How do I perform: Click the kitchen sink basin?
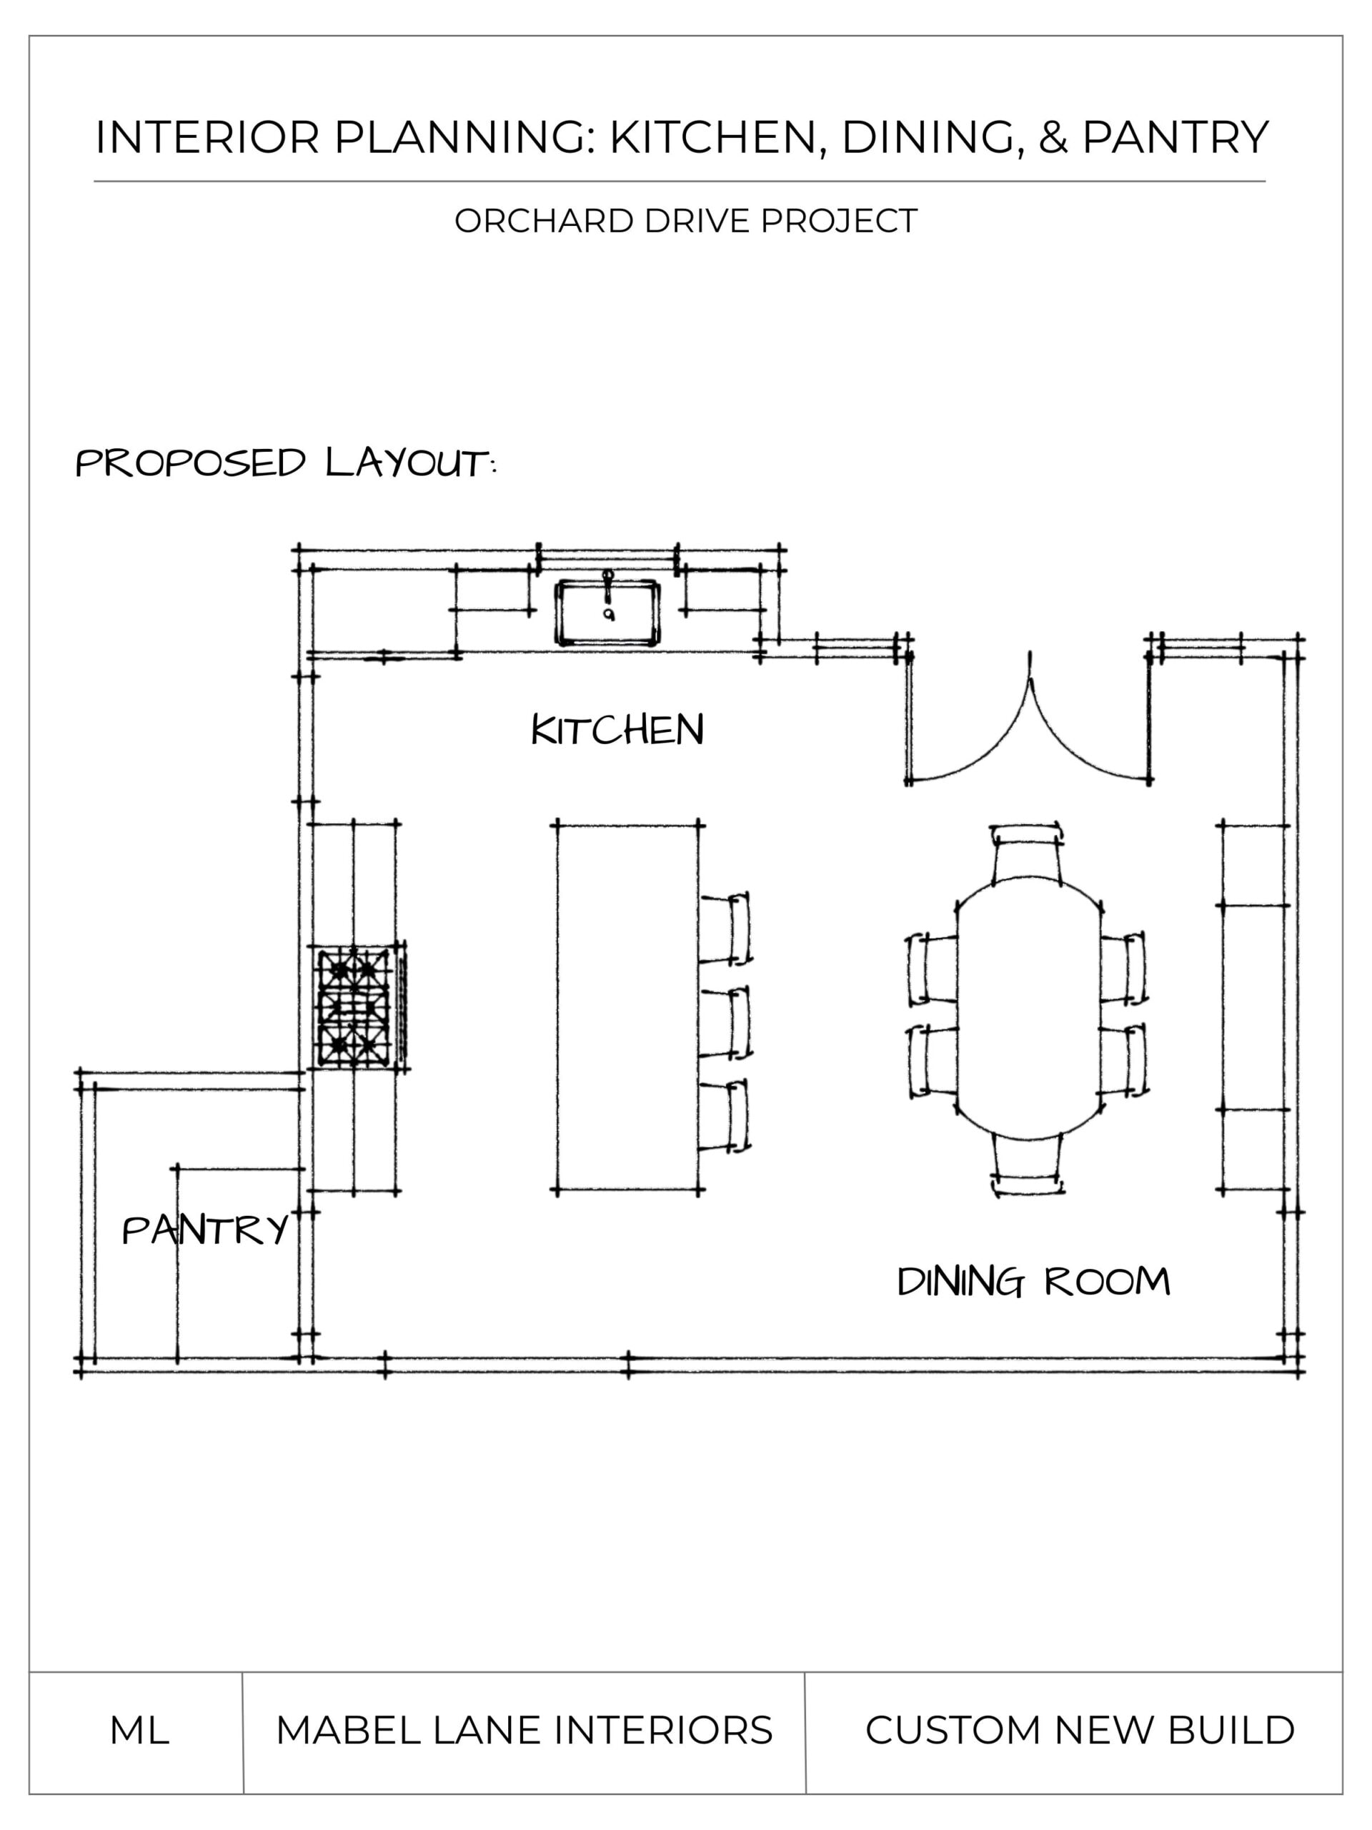coord(608,613)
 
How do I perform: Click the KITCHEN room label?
coord(617,730)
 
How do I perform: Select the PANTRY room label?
coord(205,1230)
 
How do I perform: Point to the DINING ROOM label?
coord(1033,1282)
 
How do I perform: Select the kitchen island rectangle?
coord(627,1006)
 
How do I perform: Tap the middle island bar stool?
coord(727,1022)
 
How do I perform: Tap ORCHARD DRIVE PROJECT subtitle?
coord(685,221)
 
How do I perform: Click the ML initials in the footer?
coord(139,1730)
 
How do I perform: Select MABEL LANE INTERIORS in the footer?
coord(524,1730)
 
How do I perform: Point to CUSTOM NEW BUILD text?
coord(1079,1730)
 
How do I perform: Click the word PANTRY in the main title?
coord(1174,137)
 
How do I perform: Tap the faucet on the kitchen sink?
coord(608,583)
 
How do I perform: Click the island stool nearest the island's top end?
coord(727,929)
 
